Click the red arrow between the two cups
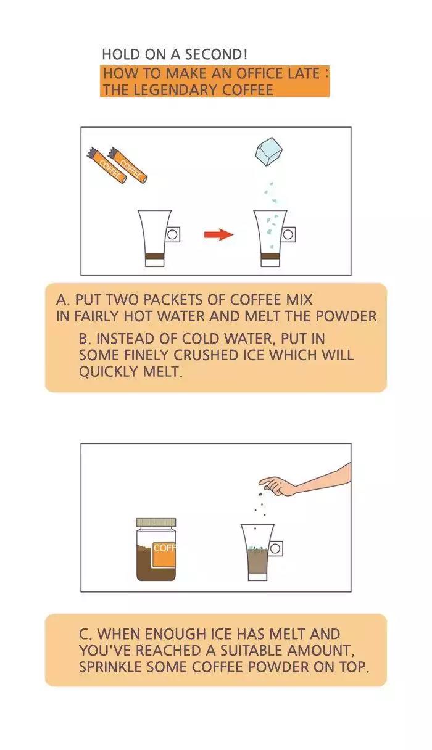coord(218,234)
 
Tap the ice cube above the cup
coord(270,152)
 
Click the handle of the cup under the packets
coord(172,234)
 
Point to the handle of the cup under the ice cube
coord(288,234)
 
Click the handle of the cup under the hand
coord(275,548)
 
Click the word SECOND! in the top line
coord(216,54)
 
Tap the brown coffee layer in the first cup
coord(155,257)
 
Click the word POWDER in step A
coord(346,316)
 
